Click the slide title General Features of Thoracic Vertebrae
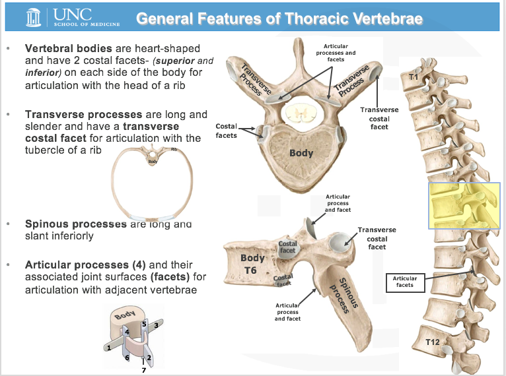(279, 18)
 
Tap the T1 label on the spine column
(414, 78)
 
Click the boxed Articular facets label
(404, 281)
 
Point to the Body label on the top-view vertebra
(301, 154)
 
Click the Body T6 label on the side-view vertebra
(252, 264)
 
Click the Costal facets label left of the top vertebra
(227, 130)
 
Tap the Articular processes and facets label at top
(336, 53)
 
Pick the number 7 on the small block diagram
(143, 371)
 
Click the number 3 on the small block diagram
(156, 325)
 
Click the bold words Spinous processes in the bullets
(76, 224)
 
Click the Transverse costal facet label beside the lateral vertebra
(377, 238)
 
